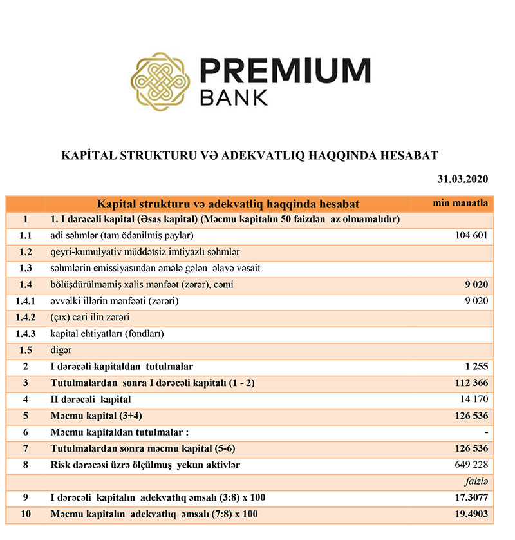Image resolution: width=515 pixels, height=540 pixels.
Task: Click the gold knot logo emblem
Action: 160,79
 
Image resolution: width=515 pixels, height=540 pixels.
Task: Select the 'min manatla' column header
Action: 460,204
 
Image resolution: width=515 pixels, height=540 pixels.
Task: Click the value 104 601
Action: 472,236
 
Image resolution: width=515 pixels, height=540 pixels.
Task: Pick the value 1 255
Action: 476,367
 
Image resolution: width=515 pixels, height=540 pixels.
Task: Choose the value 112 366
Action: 472,383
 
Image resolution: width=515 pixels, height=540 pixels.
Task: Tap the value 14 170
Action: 474,400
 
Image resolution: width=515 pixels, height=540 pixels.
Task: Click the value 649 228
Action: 472,465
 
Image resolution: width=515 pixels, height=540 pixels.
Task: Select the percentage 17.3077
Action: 469,497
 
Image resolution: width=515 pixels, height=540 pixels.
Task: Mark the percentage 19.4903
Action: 469,514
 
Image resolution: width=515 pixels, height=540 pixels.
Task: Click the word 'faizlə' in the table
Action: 476,481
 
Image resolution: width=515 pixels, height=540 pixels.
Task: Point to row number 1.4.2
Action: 25,318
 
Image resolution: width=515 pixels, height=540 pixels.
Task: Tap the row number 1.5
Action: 25,351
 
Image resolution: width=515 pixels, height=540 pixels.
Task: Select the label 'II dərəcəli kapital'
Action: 91,400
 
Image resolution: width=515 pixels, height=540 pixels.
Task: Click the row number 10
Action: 25,514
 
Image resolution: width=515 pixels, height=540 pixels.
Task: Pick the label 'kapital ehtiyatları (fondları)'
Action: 107,334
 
